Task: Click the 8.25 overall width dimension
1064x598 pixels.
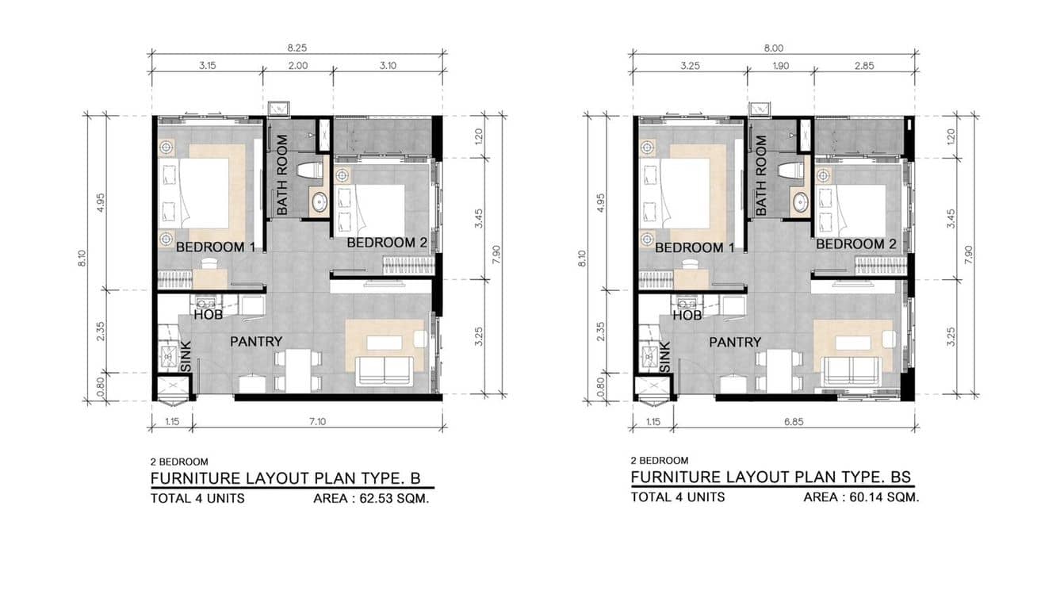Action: pos(297,48)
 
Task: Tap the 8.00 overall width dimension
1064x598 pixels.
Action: pos(773,48)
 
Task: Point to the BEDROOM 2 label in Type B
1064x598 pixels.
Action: pos(387,243)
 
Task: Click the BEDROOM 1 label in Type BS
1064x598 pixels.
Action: pos(695,247)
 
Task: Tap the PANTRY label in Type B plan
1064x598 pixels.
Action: pos(256,342)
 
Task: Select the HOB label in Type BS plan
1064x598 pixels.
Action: pos(687,316)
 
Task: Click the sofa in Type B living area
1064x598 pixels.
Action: pos(385,370)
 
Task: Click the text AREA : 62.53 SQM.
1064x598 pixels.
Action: pos(371,499)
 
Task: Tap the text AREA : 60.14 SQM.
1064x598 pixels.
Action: pos(861,497)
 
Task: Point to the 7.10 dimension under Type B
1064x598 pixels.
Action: pos(317,421)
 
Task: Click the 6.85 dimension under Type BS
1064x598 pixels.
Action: pos(794,421)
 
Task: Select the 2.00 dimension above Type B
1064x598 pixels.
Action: pos(298,66)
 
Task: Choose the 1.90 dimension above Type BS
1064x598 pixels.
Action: pos(780,66)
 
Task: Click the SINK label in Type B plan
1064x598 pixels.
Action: pos(186,357)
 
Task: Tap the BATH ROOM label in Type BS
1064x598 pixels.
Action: pos(761,174)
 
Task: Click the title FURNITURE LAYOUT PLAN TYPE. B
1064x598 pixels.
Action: pos(285,477)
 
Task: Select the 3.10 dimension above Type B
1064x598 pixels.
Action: pos(388,66)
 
